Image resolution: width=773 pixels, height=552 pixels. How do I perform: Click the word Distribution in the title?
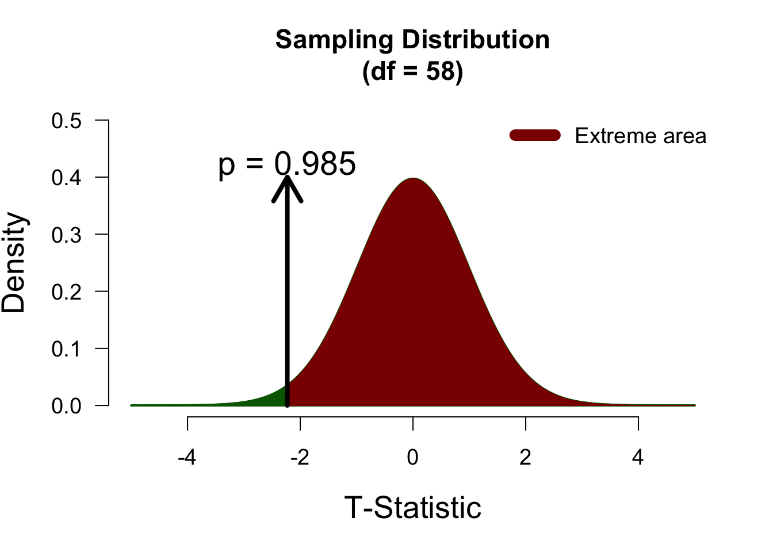click(x=475, y=40)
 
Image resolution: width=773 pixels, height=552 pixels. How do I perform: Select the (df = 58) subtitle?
click(x=412, y=71)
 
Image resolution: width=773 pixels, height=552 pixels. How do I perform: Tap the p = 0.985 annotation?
click(x=287, y=164)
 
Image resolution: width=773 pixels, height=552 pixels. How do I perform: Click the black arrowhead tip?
click(x=287, y=177)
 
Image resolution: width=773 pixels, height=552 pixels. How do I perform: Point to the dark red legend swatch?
click(x=535, y=135)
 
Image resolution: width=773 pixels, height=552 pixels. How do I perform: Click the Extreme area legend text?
click(x=640, y=136)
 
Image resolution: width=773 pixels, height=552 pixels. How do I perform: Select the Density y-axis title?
click(x=14, y=263)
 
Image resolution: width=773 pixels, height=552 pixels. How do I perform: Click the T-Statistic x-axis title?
click(x=412, y=508)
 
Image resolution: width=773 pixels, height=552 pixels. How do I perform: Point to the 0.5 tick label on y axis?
click(x=67, y=121)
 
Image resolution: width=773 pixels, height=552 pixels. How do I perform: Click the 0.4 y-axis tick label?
click(x=67, y=178)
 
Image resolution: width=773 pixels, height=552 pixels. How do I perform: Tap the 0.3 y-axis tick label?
click(x=67, y=235)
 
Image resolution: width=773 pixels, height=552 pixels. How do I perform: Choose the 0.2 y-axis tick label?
click(x=67, y=292)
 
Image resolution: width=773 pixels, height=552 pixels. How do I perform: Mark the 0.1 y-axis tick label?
click(x=67, y=348)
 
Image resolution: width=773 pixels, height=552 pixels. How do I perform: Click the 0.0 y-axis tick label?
click(x=67, y=406)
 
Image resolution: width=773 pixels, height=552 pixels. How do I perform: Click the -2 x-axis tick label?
click(x=299, y=458)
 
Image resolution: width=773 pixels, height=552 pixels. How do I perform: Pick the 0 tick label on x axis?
click(x=412, y=458)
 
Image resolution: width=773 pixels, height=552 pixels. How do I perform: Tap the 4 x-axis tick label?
click(x=638, y=458)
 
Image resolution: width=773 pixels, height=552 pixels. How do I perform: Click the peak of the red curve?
click(x=413, y=179)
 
